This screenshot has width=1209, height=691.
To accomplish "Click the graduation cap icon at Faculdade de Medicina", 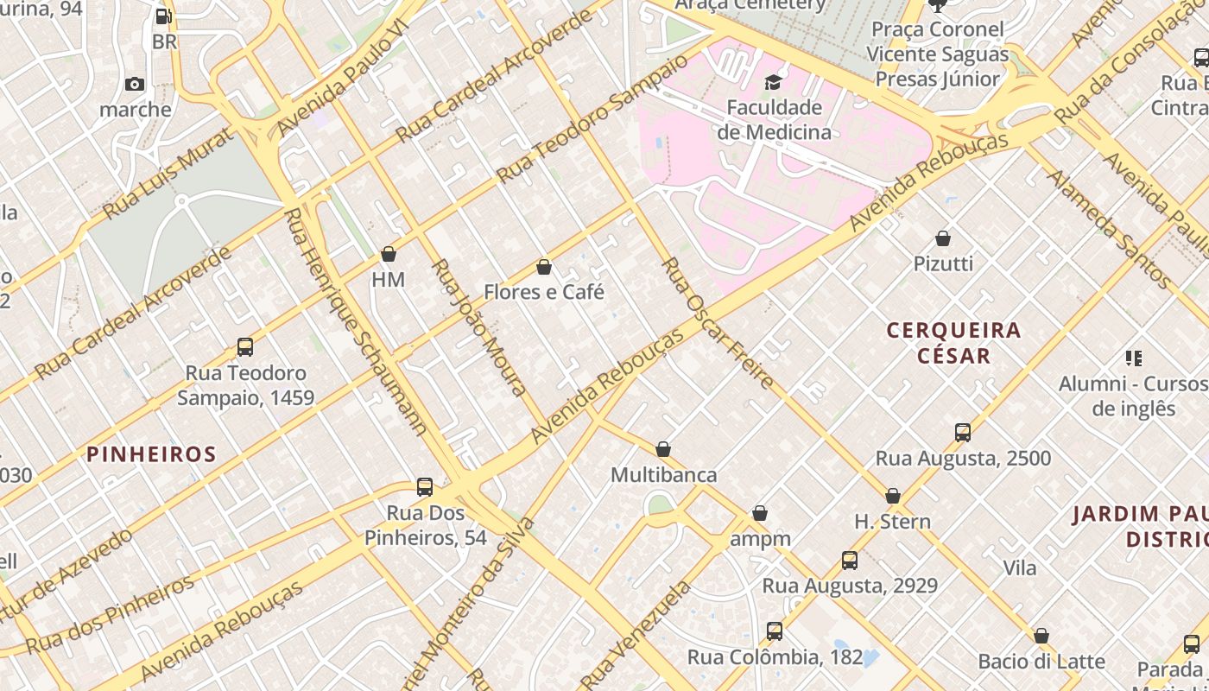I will click(x=773, y=82).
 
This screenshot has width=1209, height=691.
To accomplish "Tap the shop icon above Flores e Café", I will click(x=544, y=267).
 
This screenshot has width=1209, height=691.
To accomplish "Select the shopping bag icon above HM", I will click(x=389, y=254).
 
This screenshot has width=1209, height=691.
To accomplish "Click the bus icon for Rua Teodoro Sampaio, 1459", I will click(x=245, y=347).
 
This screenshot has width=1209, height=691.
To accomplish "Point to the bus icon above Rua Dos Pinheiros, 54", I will click(x=425, y=486).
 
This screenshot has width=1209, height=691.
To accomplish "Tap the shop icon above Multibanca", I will click(x=663, y=449).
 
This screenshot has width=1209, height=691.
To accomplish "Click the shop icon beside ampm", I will click(x=760, y=513).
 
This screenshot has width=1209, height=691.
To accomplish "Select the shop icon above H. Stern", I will click(x=893, y=496).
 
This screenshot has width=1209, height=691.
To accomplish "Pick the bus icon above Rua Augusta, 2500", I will click(x=963, y=433).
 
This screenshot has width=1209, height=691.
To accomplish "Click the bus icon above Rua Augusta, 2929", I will click(x=850, y=561).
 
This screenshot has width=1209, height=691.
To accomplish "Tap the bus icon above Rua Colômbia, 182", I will click(x=775, y=631).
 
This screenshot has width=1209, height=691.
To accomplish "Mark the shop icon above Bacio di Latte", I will click(x=1041, y=636).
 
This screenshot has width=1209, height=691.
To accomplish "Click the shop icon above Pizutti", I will click(x=943, y=238).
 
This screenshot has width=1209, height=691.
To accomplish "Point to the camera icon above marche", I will click(x=135, y=84).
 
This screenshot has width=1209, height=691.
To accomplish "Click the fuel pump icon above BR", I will click(x=163, y=16).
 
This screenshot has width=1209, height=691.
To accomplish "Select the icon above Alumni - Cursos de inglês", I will click(x=1134, y=358).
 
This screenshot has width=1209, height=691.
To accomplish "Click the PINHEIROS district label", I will click(x=151, y=454).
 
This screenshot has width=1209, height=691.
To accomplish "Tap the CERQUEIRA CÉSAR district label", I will click(x=953, y=342).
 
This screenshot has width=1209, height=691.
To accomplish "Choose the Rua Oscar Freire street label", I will click(x=718, y=323).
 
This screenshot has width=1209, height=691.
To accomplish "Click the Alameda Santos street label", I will click(x=1109, y=228).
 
